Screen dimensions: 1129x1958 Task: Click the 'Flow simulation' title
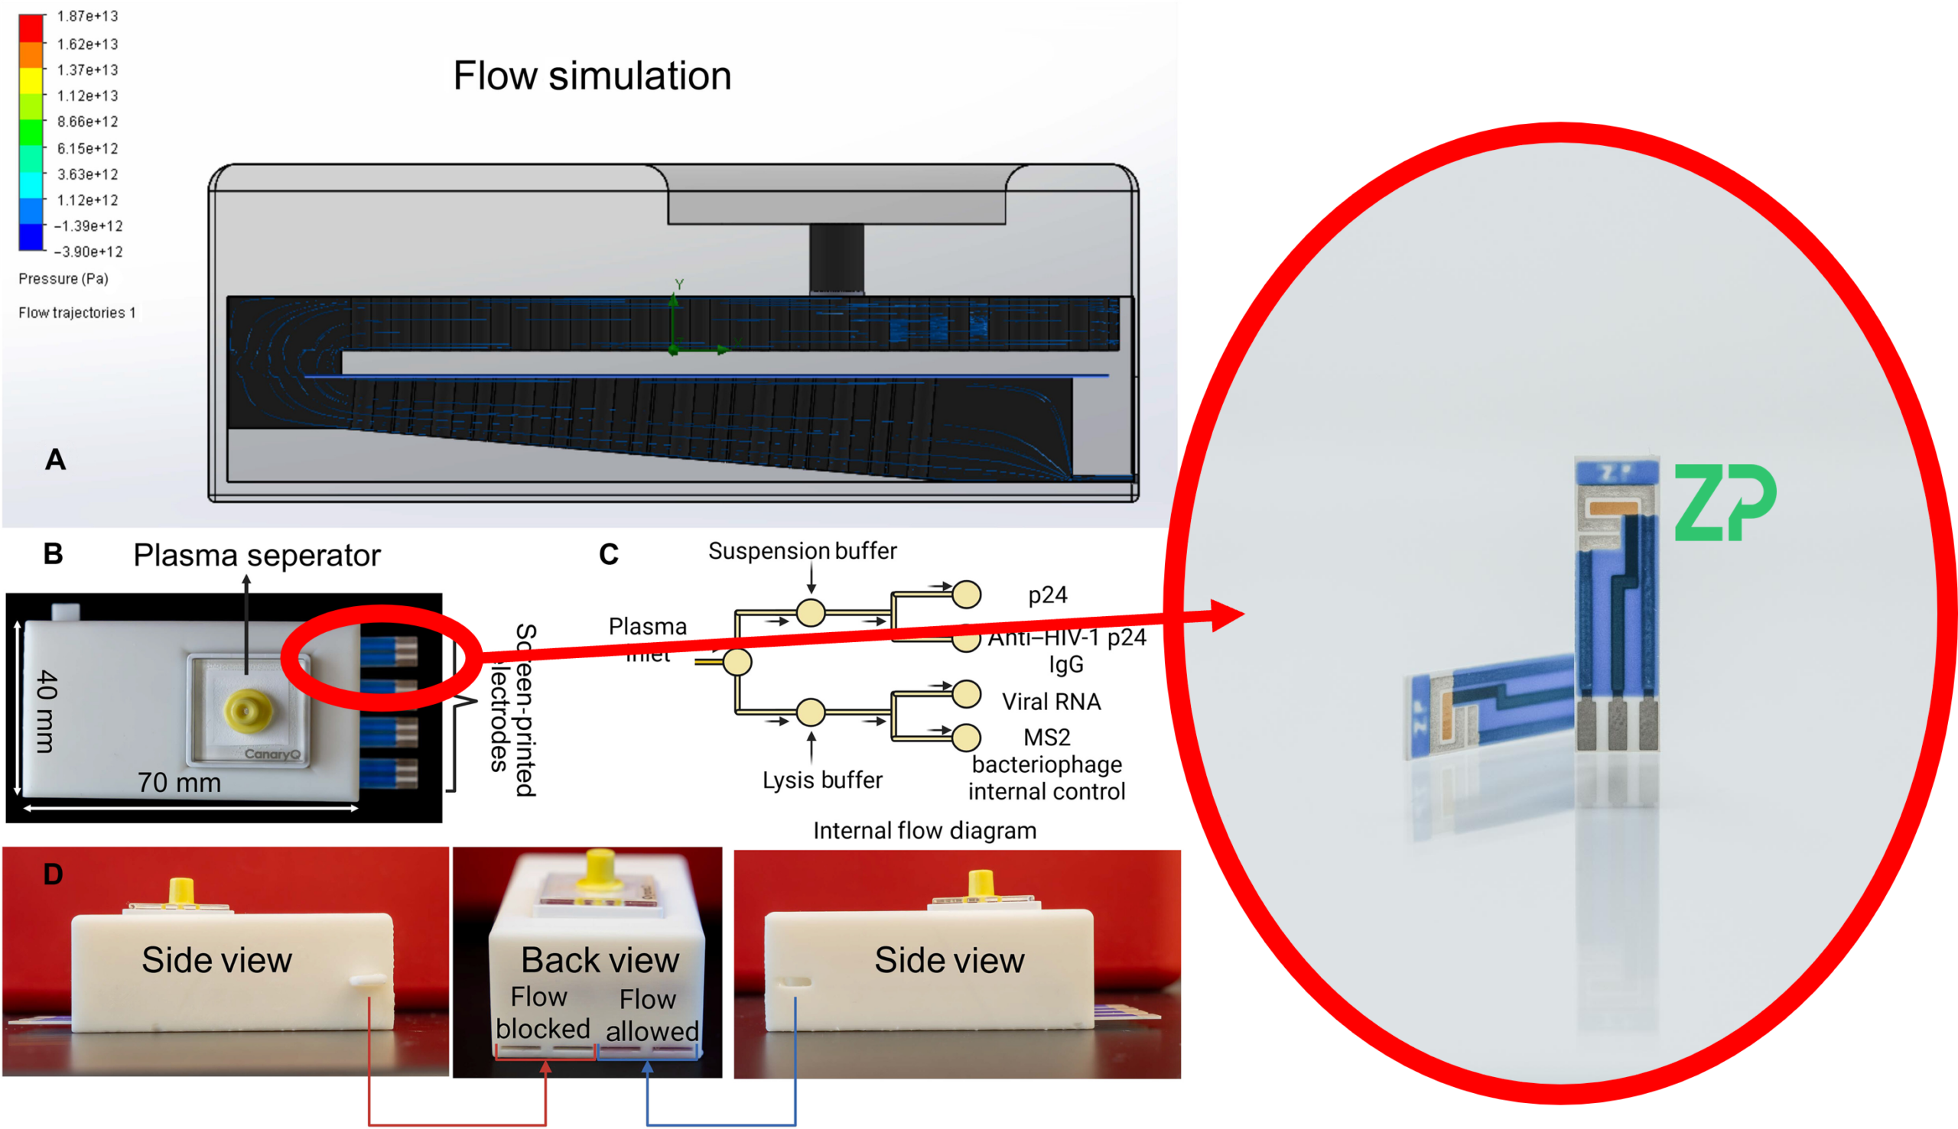(592, 76)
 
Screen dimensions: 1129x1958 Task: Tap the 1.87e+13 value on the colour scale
(87, 16)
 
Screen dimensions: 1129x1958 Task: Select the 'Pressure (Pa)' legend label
(63, 278)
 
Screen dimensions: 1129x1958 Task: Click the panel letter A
(55, 460)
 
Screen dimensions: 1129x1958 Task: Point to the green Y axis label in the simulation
(679, 284)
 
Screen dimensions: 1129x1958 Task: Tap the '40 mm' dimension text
(47, 711)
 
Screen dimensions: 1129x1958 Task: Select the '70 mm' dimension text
(179, 783)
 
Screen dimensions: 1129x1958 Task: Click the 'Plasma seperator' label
(257, 555)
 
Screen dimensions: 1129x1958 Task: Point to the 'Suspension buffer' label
(802, 551)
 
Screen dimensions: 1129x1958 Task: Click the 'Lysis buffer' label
(822, 780)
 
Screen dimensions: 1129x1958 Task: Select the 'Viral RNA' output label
(1051, 702)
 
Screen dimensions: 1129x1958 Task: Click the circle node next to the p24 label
(967, 595)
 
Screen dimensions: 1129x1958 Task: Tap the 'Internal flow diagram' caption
(924, 830)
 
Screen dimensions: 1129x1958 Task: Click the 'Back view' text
(600, 960)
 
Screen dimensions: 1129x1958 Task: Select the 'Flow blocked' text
(542, 1013)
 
